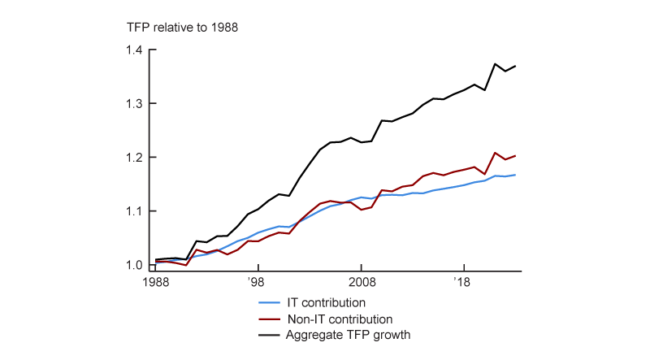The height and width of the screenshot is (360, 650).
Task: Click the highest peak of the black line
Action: click(x=495, y=63)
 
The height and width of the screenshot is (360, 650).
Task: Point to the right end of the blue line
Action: click(x=515, y=175)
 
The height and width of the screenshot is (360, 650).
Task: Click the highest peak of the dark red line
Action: click(x=495, y=153)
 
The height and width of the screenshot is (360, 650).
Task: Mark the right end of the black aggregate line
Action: click(x=515, y=66)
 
